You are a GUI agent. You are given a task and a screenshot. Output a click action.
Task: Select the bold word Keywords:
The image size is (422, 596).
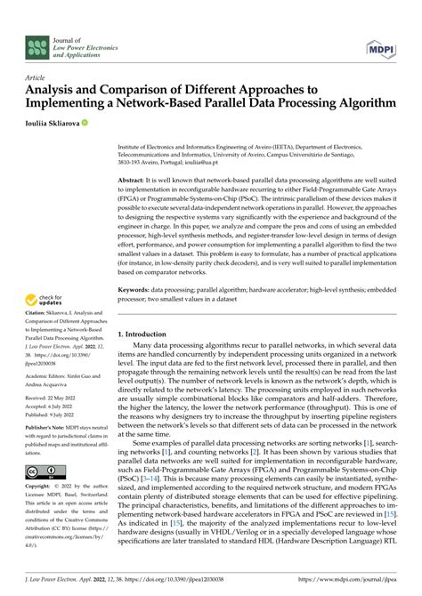click(138, 289)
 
